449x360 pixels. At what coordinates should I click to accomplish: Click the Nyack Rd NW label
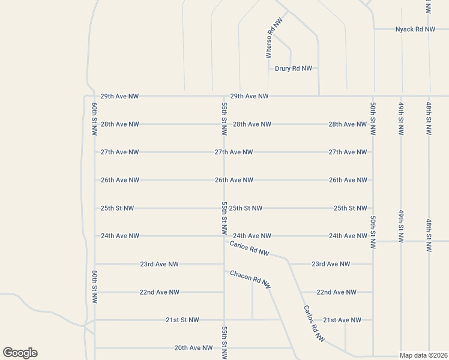coord(415,29)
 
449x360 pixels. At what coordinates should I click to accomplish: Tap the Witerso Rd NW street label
coord(273,38)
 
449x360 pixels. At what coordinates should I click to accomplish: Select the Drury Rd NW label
coord(294,68)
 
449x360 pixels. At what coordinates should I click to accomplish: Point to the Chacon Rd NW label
coord(250,279)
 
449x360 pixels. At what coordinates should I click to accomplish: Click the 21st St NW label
coord(182,320)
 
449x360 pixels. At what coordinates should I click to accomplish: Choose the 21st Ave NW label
coord(342,320)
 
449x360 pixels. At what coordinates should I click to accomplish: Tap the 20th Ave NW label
coord(193,347)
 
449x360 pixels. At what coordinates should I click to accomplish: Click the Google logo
coord(20,353)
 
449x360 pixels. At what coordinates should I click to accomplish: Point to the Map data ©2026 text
coord(423,355)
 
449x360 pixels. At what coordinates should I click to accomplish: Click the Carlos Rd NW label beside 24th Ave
coord(250,248)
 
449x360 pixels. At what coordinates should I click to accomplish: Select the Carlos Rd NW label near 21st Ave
coord(313,324)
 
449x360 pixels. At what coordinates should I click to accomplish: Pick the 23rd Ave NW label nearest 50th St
coord(331,264)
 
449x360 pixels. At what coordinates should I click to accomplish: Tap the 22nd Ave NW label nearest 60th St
coord(159,292)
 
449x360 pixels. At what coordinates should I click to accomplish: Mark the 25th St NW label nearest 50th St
coord(350,208)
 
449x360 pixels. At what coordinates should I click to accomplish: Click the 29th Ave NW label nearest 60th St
coord(119,96)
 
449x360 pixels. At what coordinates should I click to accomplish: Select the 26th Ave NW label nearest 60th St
coord(119,180)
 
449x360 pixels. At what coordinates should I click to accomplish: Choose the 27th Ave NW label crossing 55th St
coord(234,152)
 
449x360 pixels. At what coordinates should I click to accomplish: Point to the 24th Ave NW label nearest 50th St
coord(348,236)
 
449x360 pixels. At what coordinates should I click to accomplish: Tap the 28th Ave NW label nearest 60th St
coord(119,124)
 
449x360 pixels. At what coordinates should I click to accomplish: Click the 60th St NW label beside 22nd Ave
coord(95,286)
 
